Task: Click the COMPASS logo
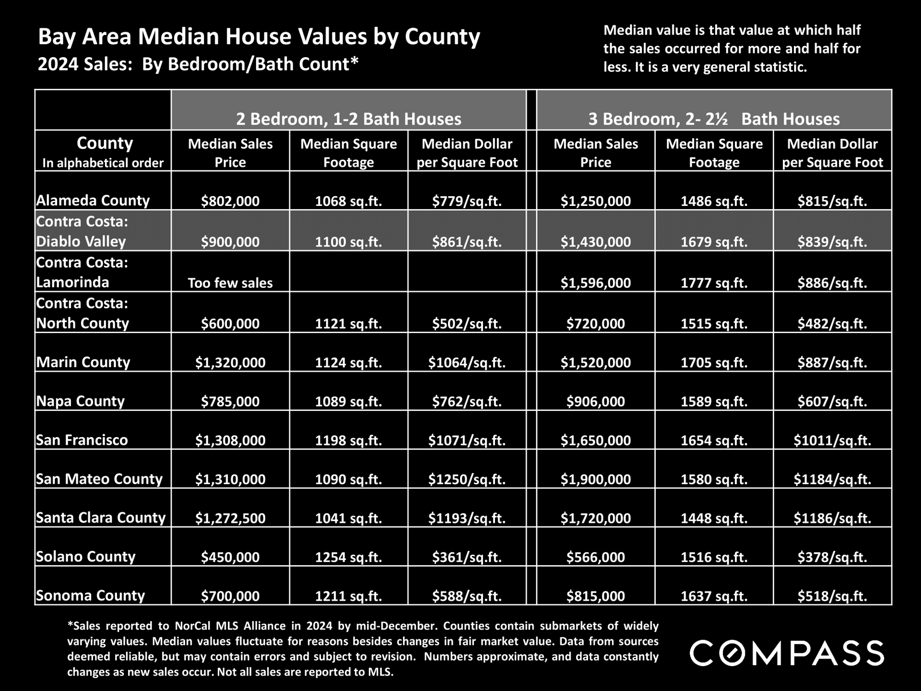click(787, 653)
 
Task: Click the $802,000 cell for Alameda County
click(230, 201)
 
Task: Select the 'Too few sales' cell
click(230, 283)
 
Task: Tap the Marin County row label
click(83, 362)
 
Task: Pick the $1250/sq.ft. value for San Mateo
click(467, 479)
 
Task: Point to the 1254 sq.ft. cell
click(348, 557)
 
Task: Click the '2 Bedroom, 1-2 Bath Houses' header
click(349, 119)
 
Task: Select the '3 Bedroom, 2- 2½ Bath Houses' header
click(714, 119)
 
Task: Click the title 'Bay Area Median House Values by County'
click(259, 36)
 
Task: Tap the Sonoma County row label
click(90, 596)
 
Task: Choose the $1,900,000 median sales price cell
click(596, 479)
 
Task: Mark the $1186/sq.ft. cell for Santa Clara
click(832, 518)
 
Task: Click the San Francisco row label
click(82, 440)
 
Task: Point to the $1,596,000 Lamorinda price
click(596, 283)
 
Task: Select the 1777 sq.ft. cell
click(714, 283)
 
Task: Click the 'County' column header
click(105, 143)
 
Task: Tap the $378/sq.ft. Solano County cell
click(832, 557)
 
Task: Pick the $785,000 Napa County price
click(230, 401)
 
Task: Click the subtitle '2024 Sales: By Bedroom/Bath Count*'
click(198, 64)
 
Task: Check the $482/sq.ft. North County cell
click(832, 323)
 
